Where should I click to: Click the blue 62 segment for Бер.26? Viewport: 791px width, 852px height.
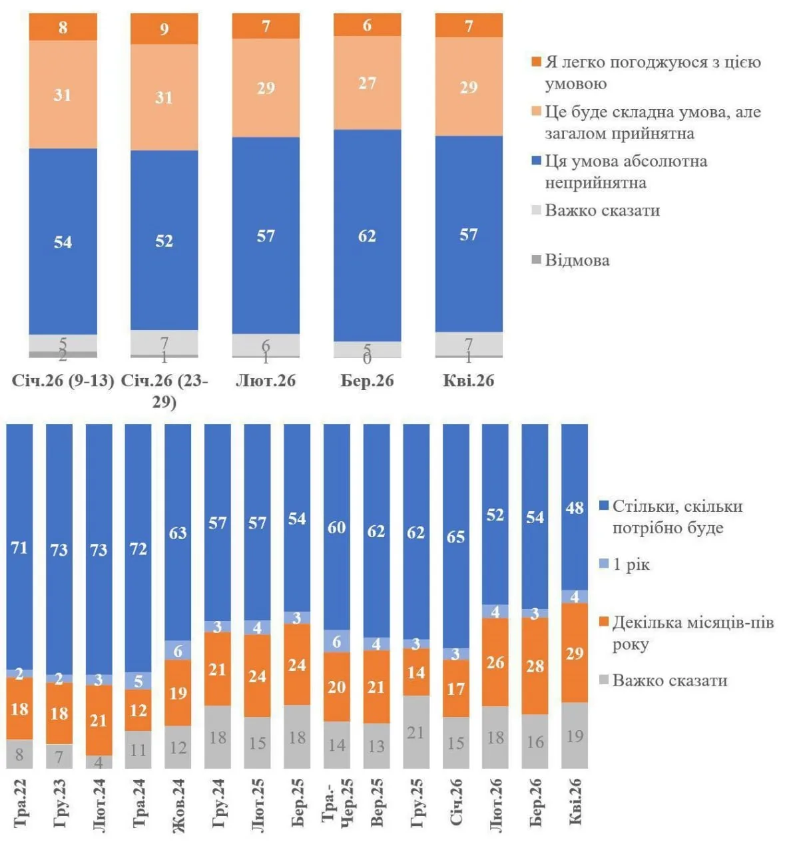[367, 236]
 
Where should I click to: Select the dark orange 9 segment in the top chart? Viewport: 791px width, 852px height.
[164, 29]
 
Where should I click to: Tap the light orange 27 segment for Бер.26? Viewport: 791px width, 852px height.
[367, 83]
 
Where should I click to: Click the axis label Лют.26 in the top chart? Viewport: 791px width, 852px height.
[266, 381]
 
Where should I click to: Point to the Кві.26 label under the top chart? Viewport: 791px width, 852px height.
[469, 381]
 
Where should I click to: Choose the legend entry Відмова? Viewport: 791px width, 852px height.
[577, 260]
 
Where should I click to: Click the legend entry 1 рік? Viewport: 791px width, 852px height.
[631, 565]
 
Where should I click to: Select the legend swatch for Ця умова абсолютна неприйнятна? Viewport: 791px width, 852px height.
[536, 162]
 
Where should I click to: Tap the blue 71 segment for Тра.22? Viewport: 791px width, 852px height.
[19, 547]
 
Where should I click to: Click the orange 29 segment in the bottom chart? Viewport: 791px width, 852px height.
[575, 653]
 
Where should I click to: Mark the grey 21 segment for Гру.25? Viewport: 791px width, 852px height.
[416, 732]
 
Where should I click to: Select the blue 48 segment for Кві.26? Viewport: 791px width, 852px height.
[575, 508]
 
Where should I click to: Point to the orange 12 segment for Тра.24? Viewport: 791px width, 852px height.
[138, 710]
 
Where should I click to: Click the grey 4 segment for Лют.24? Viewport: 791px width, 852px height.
[99, 762]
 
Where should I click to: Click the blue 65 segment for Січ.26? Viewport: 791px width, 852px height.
[455, 536]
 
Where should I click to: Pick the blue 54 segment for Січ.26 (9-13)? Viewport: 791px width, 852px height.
[63, 242]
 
